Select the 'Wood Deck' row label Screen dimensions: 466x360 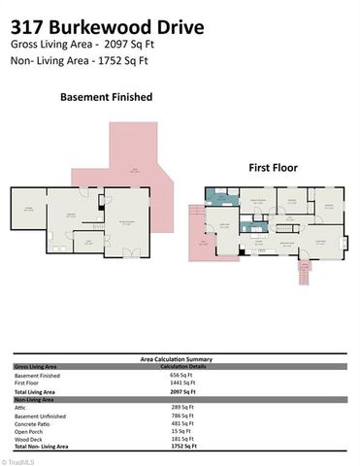(28, 439)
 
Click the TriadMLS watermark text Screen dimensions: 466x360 (17, 460)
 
